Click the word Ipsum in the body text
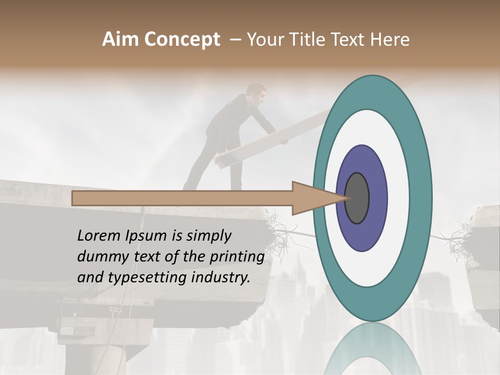[x=144, y=236]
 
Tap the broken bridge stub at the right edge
[x=487, y=234]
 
